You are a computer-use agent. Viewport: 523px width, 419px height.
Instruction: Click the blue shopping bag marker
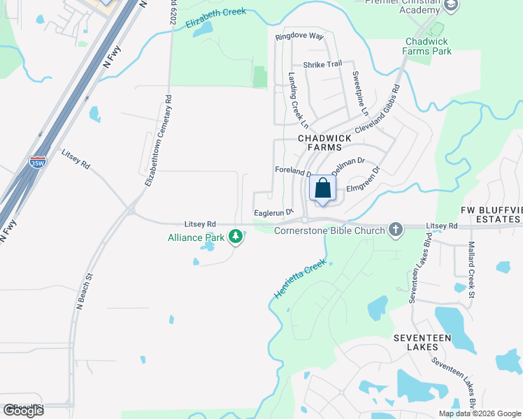coord(322,189)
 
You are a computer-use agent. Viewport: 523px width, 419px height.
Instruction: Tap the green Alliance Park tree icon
coord(236,237)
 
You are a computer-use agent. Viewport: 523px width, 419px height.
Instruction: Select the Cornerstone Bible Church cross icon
coord(395,230)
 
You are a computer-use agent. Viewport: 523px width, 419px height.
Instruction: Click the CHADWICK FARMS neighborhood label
coord(320,142)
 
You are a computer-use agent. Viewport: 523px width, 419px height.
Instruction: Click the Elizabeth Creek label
coord(216,18)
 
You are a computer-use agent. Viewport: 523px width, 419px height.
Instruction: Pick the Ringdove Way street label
coord(299,36)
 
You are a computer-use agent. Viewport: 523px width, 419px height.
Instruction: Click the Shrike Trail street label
coord(322,65)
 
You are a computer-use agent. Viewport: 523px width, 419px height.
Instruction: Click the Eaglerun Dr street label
coord(273,212)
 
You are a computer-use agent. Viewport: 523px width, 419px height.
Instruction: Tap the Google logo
coord(23,411)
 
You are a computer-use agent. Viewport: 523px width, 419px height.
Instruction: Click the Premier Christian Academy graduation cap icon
coord(451,5)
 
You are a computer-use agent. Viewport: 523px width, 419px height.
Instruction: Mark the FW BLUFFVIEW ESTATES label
coord(492,214)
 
